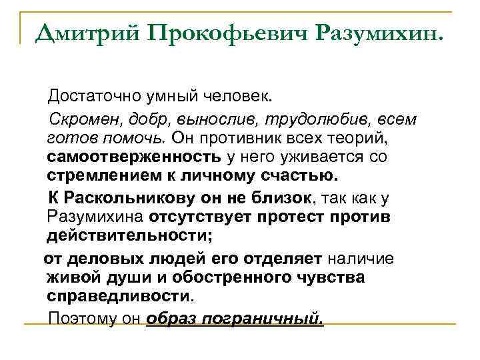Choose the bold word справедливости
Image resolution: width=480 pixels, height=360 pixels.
tap(119, 296)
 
